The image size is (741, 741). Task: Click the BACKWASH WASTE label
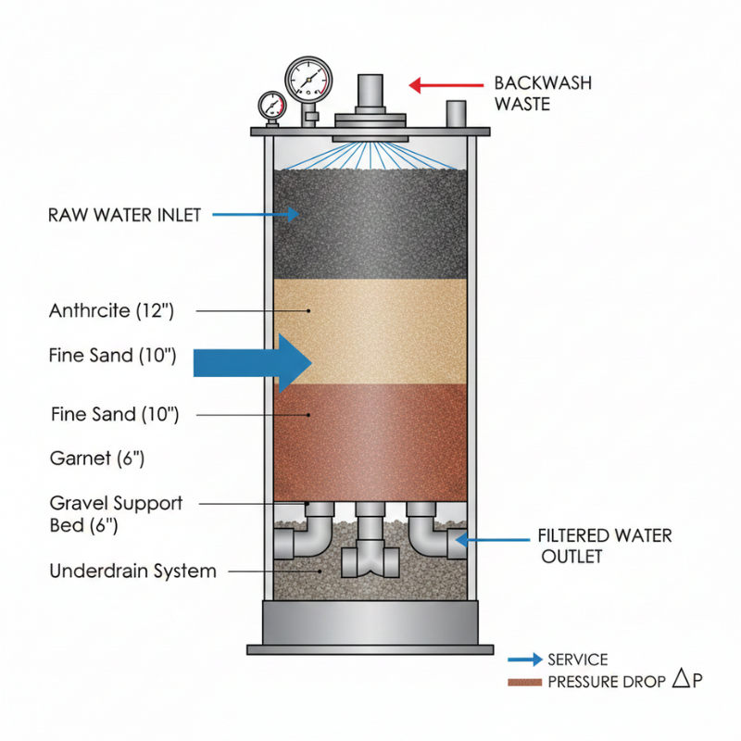pyautogui.click(x=543, y=94)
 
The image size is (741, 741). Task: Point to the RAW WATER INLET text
pyautogui.click(x=123, y=215)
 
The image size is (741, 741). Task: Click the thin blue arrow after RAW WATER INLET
pyautogui.click(x=255, y=215)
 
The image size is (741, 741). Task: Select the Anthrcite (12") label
pyautogui.click(x=111, y=311)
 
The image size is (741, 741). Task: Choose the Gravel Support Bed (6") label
pyautogui.click(x=116, y=514)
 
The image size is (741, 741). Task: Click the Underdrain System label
pyautogui.click(x=132, y=571)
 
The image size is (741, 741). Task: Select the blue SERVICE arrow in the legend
pyautogui.click(x=525, y=659)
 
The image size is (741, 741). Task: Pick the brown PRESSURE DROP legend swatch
pyautogui.click(x=525, y=683)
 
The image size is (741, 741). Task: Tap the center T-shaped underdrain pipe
pyautogui.click(x=370, y=551)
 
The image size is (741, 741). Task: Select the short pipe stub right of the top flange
pyautogui.click(x=456, y=115)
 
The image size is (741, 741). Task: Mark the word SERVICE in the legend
pyautogui.click(x=578, y=659)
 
